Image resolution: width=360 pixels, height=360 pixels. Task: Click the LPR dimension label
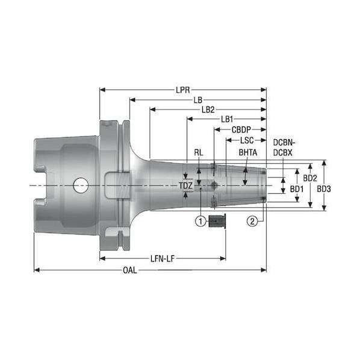click(183, 90)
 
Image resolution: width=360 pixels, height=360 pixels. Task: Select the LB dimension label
click(198, 100)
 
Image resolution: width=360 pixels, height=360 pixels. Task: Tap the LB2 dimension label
click(208, 110)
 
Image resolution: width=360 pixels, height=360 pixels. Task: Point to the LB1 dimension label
click(227, 119)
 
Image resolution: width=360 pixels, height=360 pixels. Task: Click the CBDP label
click(241, 129)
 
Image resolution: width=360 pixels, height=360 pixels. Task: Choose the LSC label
click(247, 140)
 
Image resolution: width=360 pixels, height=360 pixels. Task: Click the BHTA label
click(248, 152)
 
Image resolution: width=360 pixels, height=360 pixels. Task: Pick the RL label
click(199, 152)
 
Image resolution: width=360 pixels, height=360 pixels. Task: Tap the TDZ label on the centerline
click(185, 185)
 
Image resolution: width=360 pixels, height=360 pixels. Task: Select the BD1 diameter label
click(297, 189)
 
